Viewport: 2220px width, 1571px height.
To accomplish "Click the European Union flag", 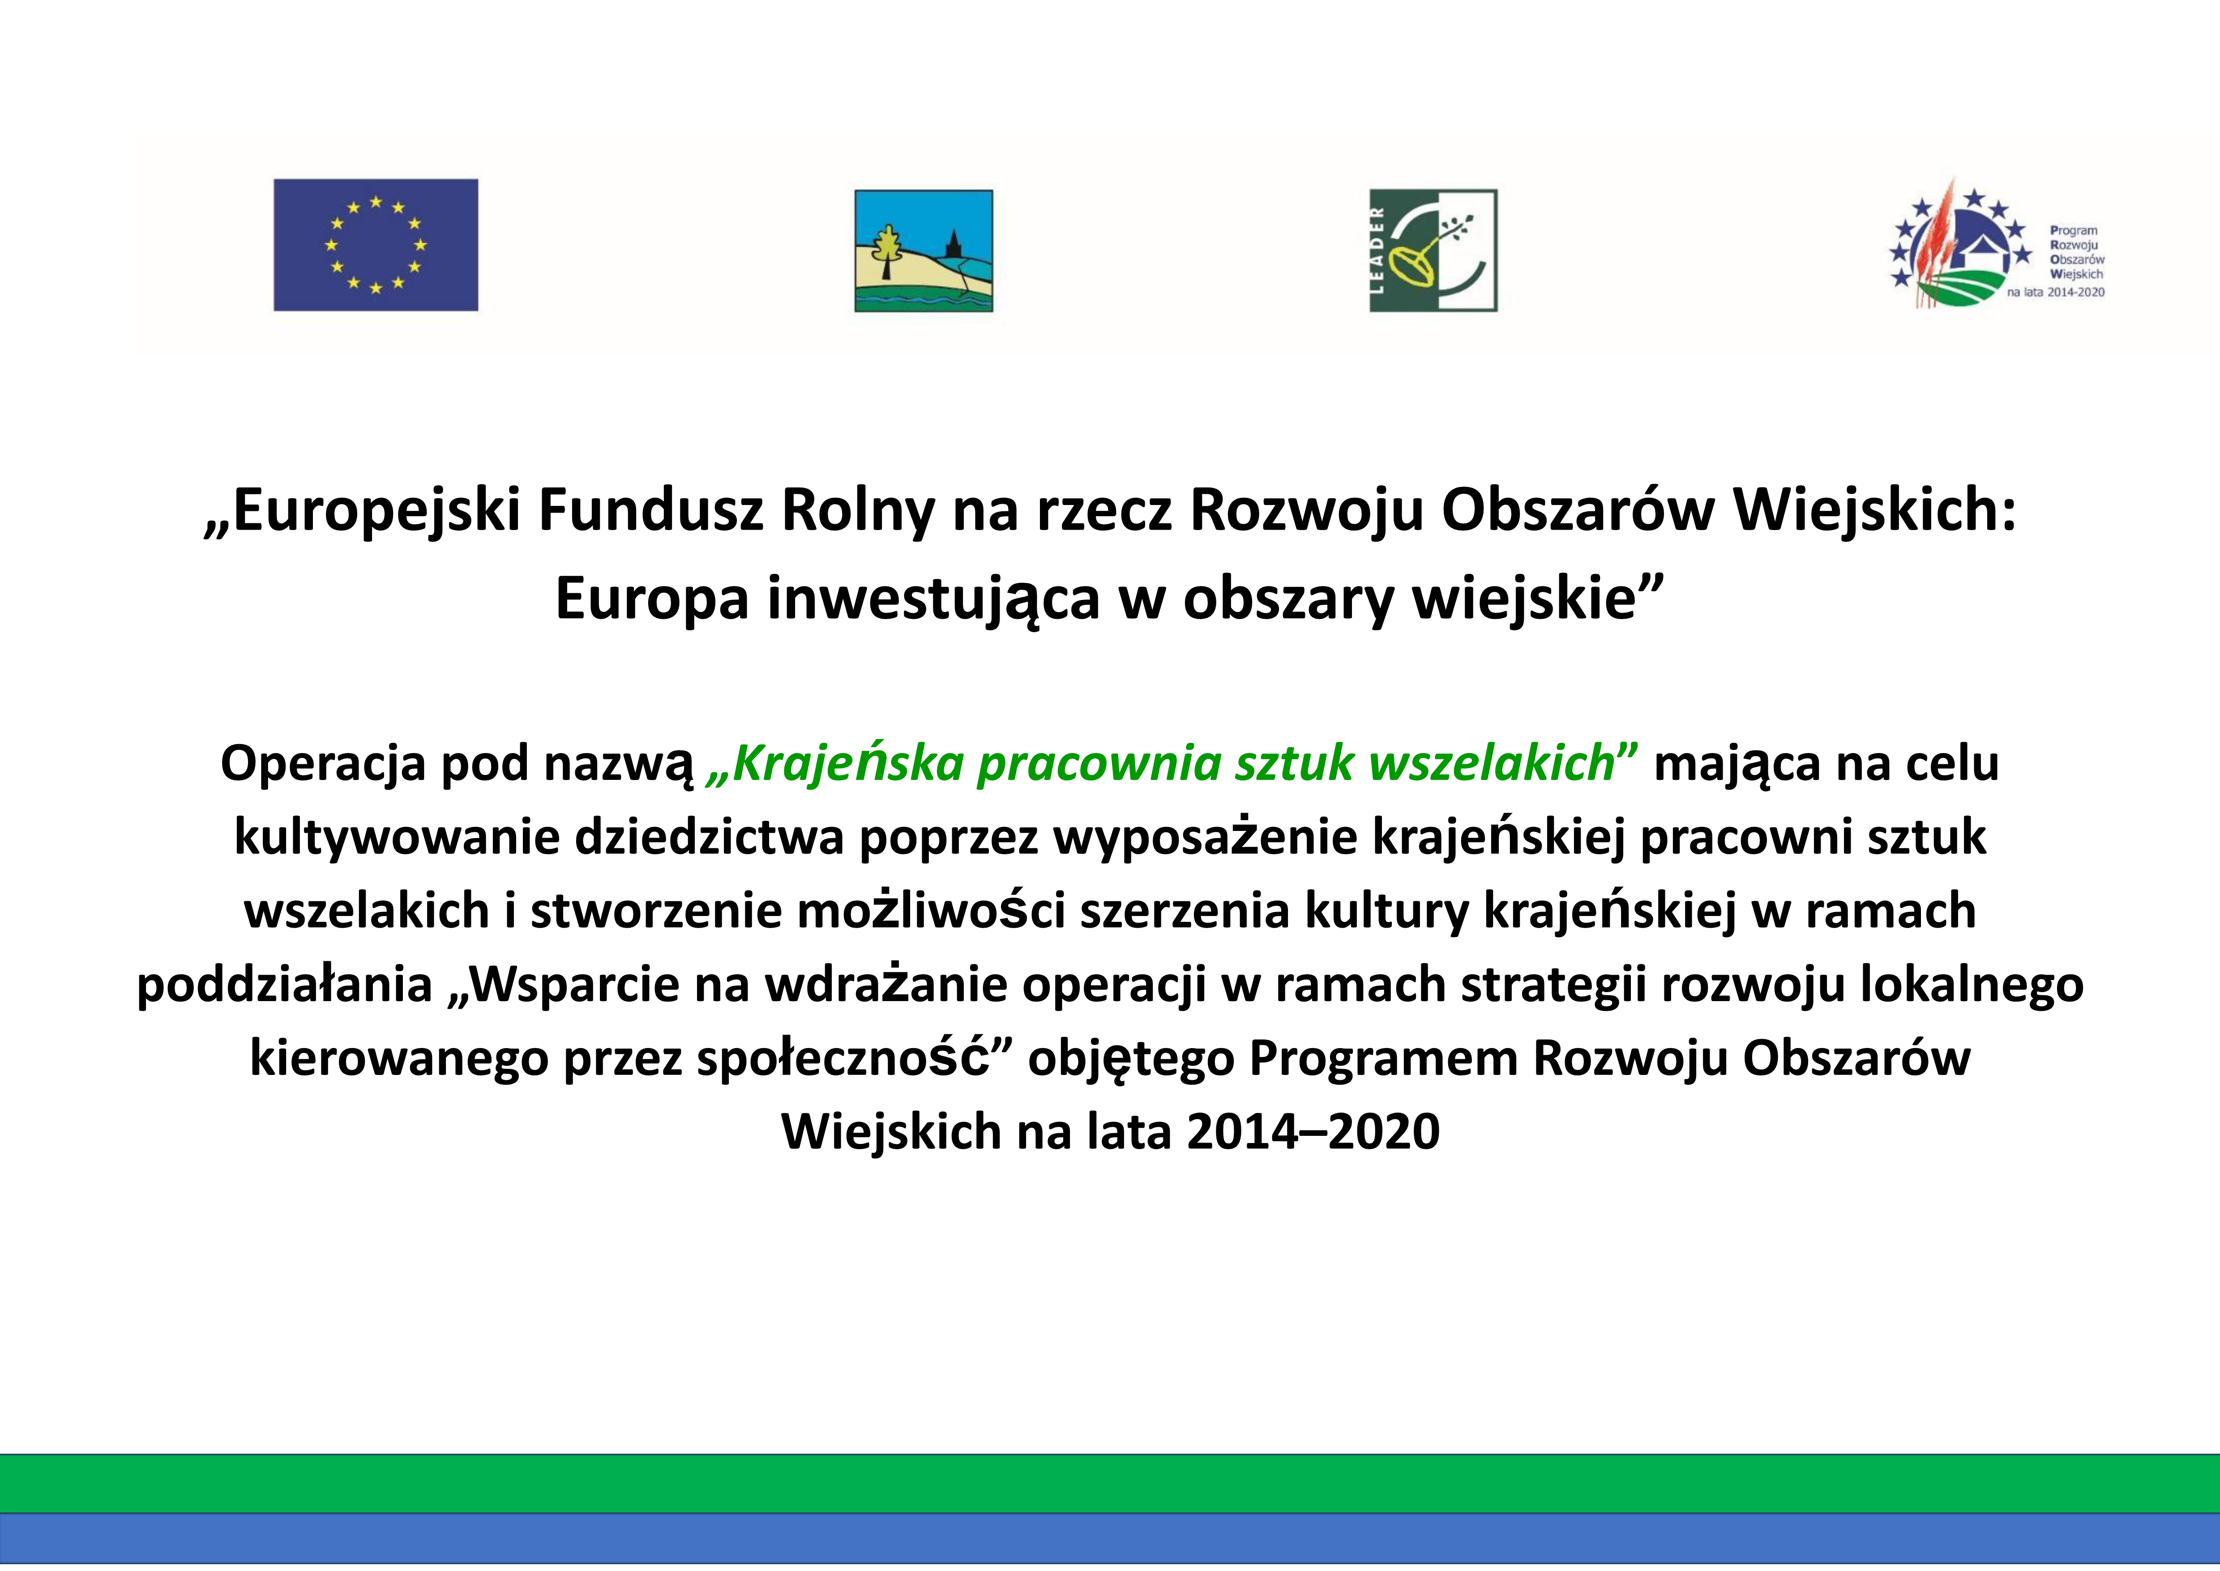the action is pos(375,245).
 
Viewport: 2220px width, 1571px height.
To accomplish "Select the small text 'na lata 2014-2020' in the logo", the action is pos(2056,292).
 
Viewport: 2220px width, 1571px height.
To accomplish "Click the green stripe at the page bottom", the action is pos(1109,1483).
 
